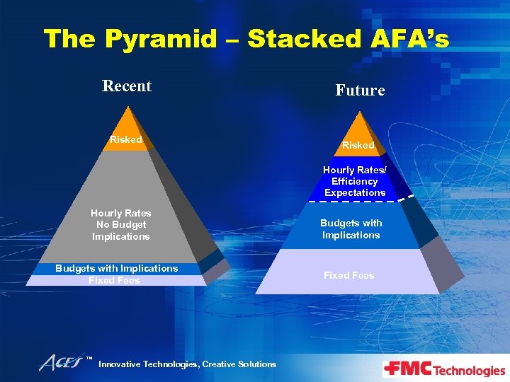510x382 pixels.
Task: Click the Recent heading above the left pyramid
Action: (127, 86)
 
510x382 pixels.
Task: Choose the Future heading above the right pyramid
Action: (360, 91)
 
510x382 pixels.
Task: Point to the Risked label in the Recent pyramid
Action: (126, 139)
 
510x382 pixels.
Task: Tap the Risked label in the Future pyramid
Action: (358, 145)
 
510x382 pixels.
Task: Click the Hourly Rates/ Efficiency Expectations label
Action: (354, 181)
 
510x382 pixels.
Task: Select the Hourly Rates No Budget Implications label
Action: (120, 224)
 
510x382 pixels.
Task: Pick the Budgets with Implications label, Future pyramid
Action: (351, 228)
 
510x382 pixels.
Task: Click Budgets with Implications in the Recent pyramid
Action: (117, 268)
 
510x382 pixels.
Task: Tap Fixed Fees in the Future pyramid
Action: (348, 275)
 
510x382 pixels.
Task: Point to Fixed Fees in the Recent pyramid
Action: (114, 281)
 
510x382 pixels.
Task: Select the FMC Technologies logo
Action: (443, 369)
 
